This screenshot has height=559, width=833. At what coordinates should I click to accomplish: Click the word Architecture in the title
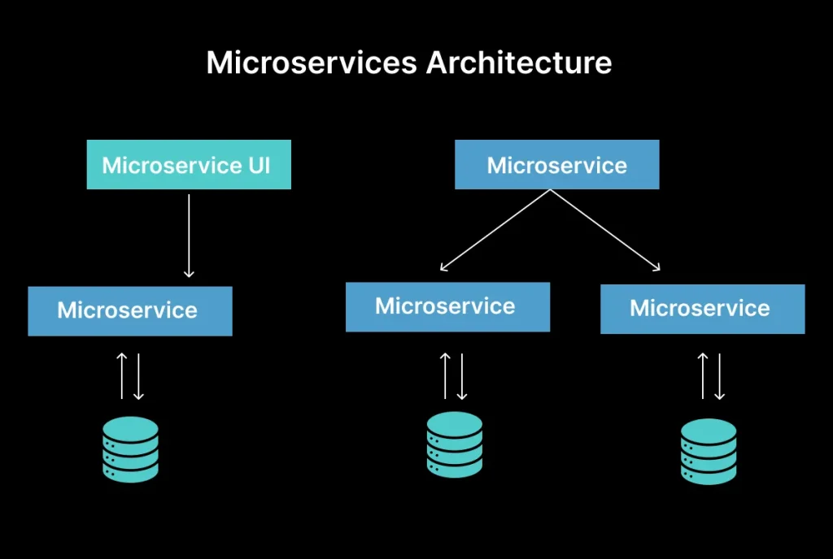pos(519,63)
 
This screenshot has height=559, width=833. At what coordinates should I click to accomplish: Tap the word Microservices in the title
pos(312,63)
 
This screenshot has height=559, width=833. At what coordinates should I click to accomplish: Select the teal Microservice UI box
pos(189,166)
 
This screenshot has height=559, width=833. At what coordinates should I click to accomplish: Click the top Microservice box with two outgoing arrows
pos(556,166)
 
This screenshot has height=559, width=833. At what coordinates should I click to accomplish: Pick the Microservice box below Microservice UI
pos(129,310)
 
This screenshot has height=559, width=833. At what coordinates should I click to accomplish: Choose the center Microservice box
pos(447,306)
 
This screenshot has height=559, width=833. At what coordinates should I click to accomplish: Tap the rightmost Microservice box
pos(702,309)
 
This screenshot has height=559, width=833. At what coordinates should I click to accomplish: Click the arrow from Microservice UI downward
pos(189,236)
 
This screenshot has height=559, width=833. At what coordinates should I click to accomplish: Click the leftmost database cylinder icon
pos(131,448)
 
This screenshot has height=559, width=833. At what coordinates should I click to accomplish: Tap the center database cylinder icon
pos(455,444)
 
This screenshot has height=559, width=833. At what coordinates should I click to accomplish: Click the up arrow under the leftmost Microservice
pos(122,375)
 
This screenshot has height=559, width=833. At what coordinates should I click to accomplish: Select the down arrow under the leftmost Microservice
pos(139,375)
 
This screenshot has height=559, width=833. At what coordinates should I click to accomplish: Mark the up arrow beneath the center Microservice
pos(446,375)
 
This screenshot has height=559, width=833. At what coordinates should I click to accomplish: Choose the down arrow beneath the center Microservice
pos(462,375)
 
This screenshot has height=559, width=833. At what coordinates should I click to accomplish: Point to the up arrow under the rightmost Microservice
pos(703,375)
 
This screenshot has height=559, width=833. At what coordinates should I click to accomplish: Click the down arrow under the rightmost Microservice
pos(719,375)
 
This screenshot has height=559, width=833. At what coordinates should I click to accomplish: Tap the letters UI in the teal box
pos(259,166)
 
